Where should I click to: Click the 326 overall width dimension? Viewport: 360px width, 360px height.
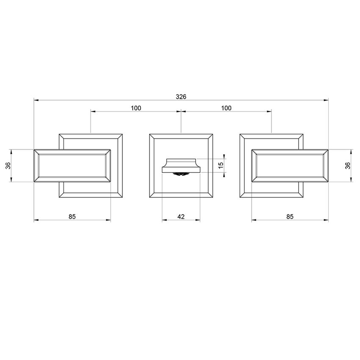tap(181, 97)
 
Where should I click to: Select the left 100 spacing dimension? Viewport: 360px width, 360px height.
tap(136, 108)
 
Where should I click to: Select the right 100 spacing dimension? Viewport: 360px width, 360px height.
tap(226, 108)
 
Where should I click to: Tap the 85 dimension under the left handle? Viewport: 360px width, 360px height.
tap(72, 216)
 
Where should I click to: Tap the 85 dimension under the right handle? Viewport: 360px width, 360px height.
tap(290, 216)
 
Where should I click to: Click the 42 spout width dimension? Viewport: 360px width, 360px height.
tap(181, 216)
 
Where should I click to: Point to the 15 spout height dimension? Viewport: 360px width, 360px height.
tap(220, 165)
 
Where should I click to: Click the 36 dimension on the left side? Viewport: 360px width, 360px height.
tap(8, 166)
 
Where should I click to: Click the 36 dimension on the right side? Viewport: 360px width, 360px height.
tap(348, 166)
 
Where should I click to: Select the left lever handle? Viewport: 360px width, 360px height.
tap(72, 166)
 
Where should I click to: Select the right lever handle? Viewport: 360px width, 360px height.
tap(290, 166)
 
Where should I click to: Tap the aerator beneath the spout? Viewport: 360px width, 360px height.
tap(181, 173)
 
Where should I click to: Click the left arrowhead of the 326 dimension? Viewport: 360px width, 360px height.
tap(36, 100)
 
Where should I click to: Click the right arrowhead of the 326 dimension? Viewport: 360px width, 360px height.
tap(327, 100)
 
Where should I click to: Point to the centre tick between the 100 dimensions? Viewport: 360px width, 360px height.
tap(181, 112)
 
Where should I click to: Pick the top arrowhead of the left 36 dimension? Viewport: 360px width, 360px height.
tap(11, 151)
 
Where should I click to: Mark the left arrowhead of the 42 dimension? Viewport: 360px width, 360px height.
tap(164, 220)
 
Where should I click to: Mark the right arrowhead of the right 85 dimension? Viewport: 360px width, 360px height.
tap(327, 220)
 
